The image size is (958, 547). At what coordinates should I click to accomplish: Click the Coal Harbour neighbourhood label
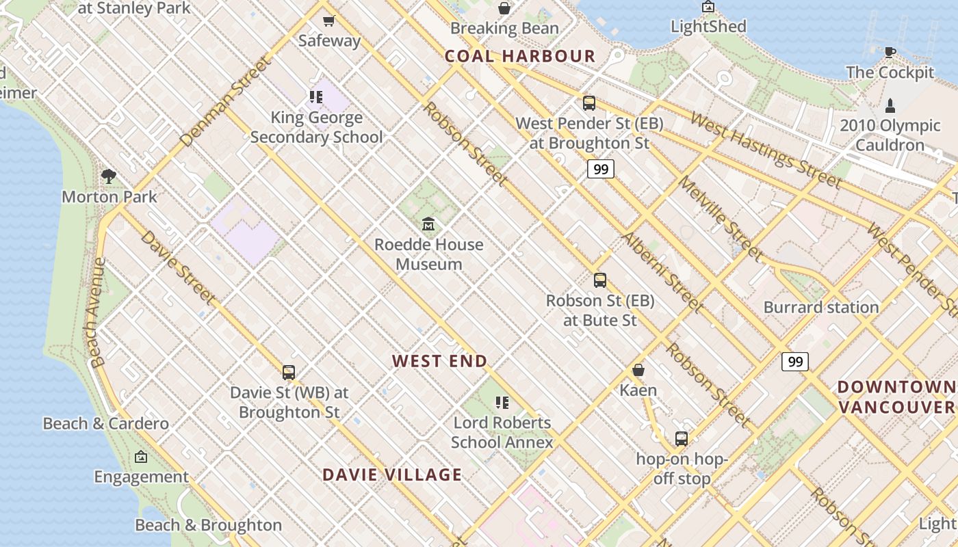pyautogui.click(x=520, y=56)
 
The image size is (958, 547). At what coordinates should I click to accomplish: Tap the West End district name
pyautogui.click(x=439, y=361)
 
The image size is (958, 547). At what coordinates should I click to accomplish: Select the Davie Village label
pyautogui.click(x=392, y=475)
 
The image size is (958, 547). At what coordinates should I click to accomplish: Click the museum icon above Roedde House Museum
pyautogui.click(x=428, y=224)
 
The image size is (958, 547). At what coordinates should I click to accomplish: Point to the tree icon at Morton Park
pyautogui.click(x=108, y=176)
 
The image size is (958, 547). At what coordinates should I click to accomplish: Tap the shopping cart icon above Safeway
pyautogui.click(x=329, y=21)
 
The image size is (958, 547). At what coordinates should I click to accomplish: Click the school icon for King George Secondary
pyautogui.click(x=315, y=97)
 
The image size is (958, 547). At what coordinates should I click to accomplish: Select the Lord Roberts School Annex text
pyautogui.click(x=502, y=432)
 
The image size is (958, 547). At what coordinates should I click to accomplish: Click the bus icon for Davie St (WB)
pyautogui.click(x=289, y=373)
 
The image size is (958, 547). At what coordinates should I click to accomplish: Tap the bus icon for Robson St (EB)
pyautogui.click(x=600, y=280)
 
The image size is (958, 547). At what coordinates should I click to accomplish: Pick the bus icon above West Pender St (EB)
pyautogui.click(x=589, y=103)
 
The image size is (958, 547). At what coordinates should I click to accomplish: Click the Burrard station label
pyautogui.click(x=820, y=307)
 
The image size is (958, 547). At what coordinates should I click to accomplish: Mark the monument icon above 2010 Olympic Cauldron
pyautogui.click(x=890, y=105)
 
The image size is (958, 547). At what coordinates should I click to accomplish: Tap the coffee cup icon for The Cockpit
pyautogui.click(x=890, y=52)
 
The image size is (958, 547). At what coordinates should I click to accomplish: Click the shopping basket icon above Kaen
pyautogui.click(x=638, y=370)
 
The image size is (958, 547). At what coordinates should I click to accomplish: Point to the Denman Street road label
pyautogui.click(x=225, y=103)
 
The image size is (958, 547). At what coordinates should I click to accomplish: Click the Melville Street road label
pyautogui.click(x=720, y=218)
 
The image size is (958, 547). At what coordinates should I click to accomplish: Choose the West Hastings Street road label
pyautogui.click(x=765, y=150)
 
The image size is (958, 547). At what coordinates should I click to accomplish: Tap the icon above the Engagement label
pyautogui.click(x=141, y=457)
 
